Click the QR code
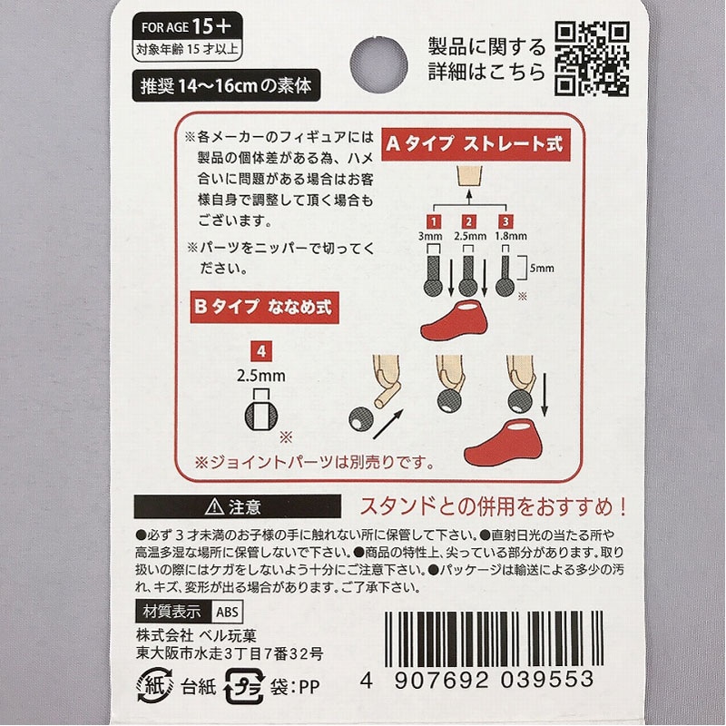tap(592, 59)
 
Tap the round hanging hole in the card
tap(378, 64)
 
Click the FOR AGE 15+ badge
tap(187, 36)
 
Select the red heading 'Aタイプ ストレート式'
tap(476, 144)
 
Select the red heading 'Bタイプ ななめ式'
tap(264, 307)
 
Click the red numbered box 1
tap(434, 221)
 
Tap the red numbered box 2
tap(469, 221)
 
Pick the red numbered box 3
tap(505, 221)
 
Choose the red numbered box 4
tap(261, 351)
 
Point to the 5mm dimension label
tap(541, 268)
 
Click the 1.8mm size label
tap(511, 236)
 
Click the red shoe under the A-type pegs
tap(454, 319)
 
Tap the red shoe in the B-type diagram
tap(504, 443)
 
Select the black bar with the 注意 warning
tap(238, 506)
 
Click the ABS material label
tap(227, 612)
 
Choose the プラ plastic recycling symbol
tap(244, 687)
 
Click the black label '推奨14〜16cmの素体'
tap(226, 85)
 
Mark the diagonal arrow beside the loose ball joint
tap(388, 424)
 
